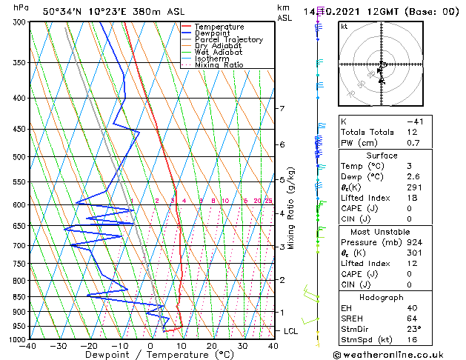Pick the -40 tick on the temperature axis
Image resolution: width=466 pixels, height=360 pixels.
pos(28,346)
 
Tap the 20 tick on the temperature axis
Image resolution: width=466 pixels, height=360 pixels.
pos(212,346)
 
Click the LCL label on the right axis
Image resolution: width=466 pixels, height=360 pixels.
pos(291,331)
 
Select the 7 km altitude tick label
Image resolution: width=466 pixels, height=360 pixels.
pos(282,109)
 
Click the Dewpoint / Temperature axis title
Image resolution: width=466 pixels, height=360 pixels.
pos(150,356)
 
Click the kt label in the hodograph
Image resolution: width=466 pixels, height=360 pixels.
pos(344,26)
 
